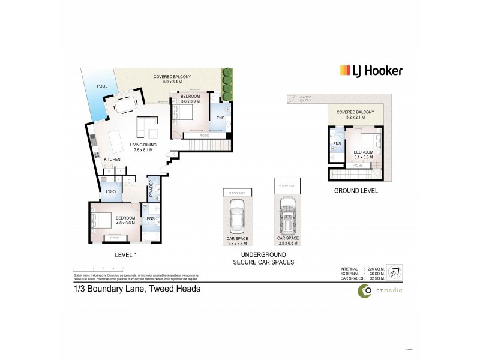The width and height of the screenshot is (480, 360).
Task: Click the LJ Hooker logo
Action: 371,71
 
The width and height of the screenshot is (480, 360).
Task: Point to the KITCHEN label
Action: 112,159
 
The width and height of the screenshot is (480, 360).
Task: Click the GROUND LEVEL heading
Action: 356,191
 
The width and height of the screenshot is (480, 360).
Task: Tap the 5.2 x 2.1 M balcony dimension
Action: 355,118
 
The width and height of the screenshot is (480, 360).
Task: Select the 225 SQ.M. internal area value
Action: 374,269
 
